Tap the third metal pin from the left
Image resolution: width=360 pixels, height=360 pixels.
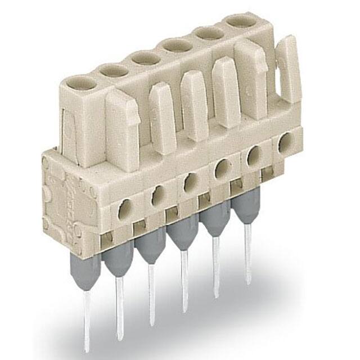(151, 292)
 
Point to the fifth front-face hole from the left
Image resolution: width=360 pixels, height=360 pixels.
(254, 154)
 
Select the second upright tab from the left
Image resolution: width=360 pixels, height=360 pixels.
(163, 117)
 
